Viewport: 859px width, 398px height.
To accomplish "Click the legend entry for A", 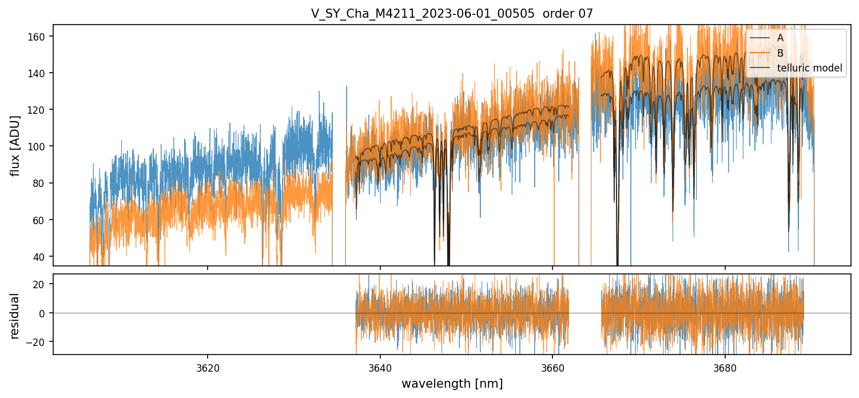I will (x=780, y=38).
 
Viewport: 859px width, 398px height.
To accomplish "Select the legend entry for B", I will (x=780, y=53).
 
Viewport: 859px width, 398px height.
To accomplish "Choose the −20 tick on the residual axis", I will (x=41, y=341).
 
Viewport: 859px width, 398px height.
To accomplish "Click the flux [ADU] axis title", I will (x=15, y=145).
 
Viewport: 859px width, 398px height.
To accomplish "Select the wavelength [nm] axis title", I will (x=452, y=384).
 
